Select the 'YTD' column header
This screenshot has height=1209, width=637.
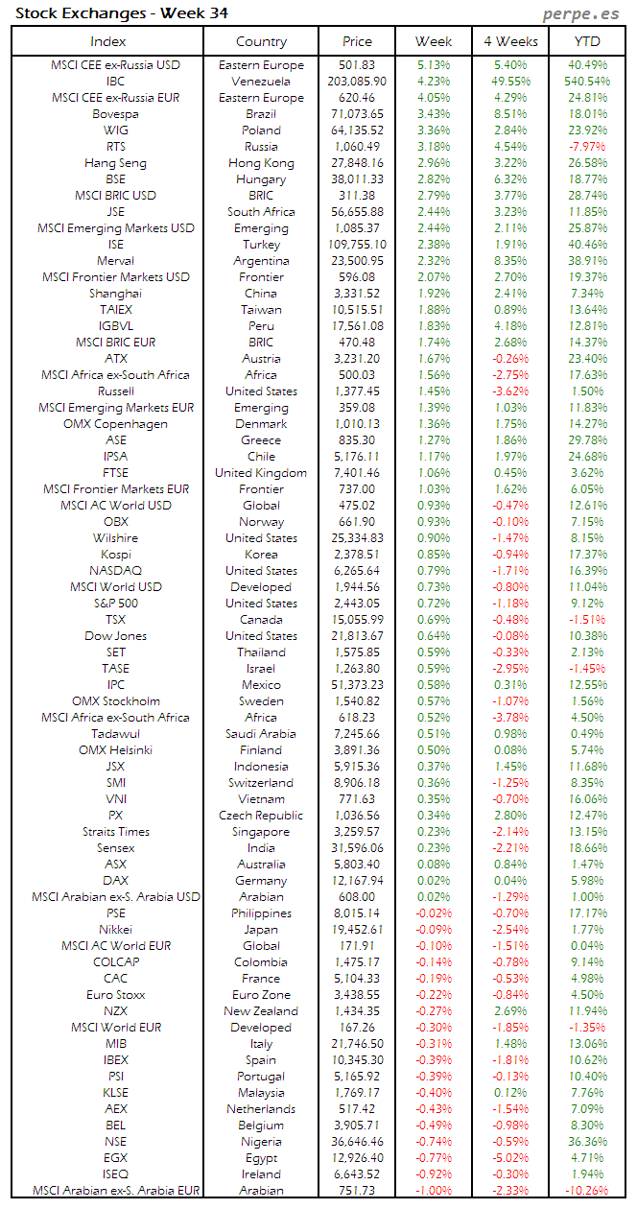(587, 41)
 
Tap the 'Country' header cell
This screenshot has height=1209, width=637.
(261, 41)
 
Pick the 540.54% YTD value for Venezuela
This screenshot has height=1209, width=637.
(587, 82)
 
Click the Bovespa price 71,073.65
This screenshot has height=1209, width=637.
(358, 114)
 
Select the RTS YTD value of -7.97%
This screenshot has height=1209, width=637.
(587, 147)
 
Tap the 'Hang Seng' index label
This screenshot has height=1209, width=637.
(116, 163)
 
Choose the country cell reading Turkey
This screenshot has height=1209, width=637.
(261, 245)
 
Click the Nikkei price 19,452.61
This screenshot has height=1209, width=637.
(358, 929)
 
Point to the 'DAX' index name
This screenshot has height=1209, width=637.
(116, 880)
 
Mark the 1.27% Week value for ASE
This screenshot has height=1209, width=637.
(434, 440)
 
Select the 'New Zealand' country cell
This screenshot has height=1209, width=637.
(261, 1010)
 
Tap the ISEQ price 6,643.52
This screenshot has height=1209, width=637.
(358, 1173)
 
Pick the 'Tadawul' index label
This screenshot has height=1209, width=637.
(116, 733)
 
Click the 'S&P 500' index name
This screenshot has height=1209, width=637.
(116, 603)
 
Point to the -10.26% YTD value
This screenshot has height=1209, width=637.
(587, 1190)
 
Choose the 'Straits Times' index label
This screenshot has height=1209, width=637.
(116, 831)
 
